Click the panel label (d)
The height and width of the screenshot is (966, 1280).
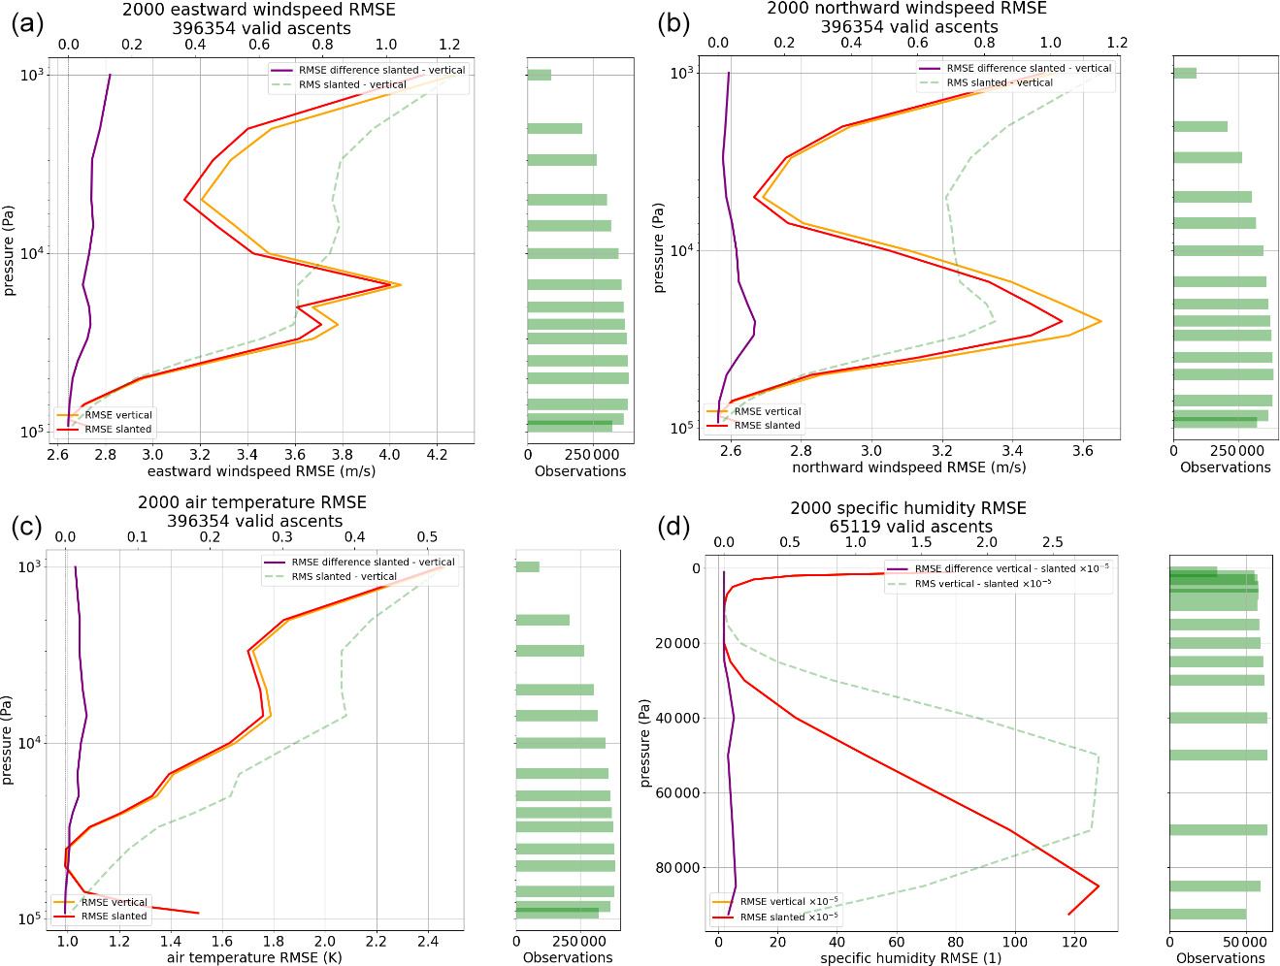tap(673, 527)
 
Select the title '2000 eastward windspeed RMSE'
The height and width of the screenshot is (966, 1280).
tap(258, 11)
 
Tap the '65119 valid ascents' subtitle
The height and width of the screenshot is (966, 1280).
tap(910, 527)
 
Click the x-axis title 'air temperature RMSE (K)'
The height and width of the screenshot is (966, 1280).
tap(254, 957)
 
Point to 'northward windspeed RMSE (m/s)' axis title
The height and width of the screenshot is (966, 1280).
tap(908, 467)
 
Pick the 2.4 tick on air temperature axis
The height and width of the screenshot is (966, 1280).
tap(427, 941)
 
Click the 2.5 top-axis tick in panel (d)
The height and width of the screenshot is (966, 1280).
tap(1052, 542)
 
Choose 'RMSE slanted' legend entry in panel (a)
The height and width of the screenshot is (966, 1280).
tap(117, 429)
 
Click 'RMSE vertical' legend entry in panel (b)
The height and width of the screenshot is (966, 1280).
tap(767, 411)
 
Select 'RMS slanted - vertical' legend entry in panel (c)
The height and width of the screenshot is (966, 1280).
tap(344, 576)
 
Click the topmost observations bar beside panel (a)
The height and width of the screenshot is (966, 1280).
tap(539, 75)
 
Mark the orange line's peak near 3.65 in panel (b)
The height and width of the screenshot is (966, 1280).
tap(1100, 321)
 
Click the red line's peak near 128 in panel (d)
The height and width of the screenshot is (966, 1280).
tap(1098, 885)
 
